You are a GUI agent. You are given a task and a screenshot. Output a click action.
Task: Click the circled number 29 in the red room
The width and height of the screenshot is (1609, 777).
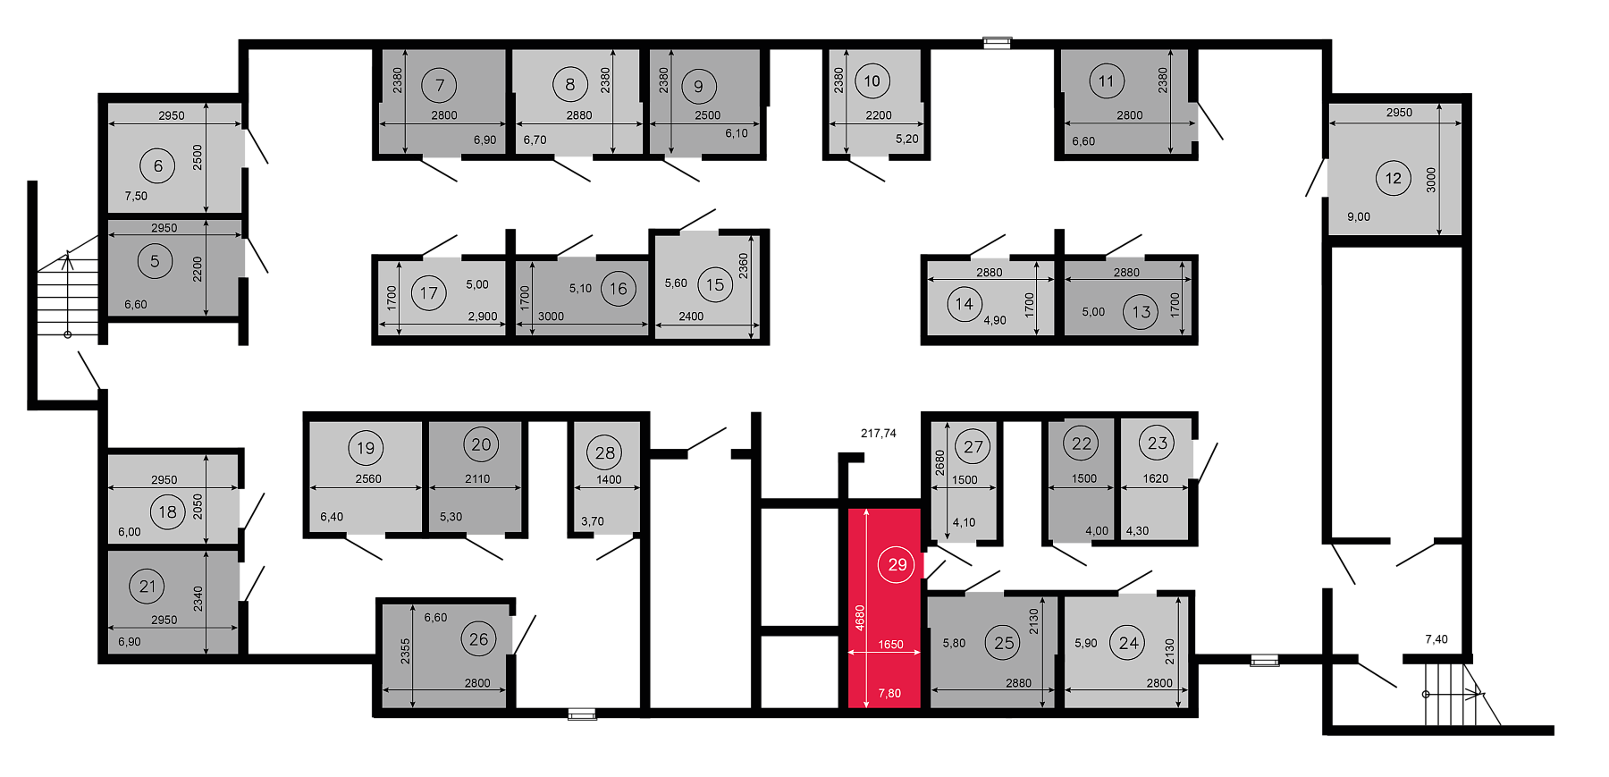[897, 564]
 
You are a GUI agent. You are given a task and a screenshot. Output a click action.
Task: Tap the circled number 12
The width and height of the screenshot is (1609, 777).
[1393, 178]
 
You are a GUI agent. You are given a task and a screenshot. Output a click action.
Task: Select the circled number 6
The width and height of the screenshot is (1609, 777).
[157, 165]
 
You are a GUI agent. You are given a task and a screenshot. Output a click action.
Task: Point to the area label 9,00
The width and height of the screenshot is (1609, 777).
[1359, 216]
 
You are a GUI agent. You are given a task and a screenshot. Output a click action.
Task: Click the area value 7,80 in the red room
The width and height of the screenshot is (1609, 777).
[889, 693]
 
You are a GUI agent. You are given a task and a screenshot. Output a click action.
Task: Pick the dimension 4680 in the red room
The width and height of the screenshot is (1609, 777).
[860, 618]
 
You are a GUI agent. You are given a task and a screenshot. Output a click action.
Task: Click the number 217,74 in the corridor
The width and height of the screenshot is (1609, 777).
[879, 433]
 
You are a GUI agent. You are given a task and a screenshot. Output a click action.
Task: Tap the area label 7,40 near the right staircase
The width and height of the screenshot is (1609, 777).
[1436, 639]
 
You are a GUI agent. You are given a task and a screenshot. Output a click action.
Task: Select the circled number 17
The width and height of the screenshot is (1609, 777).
[429, 292]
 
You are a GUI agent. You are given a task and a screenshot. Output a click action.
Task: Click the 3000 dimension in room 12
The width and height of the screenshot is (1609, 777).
[1431, 180]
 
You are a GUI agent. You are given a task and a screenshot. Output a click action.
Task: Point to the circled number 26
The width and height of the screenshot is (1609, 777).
[479, 638]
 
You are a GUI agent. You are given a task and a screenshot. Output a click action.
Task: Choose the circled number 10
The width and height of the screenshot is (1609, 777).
[872, 81]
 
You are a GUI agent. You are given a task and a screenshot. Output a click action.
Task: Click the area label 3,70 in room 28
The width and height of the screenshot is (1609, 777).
[593, 521]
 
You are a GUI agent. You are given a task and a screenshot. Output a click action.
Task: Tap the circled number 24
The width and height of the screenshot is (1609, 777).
[1128, 643]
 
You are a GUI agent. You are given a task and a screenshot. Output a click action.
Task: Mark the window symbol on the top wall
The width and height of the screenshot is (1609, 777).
[997, 42]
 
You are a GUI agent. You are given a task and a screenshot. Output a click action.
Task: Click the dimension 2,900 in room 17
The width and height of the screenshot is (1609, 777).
[483, 317]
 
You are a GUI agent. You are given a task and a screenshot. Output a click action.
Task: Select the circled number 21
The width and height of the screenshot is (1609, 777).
[147, 586]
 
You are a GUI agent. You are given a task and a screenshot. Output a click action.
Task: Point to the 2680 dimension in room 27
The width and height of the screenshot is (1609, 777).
[939, 462]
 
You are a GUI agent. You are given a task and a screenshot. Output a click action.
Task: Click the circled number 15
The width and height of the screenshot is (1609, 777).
[715, 284]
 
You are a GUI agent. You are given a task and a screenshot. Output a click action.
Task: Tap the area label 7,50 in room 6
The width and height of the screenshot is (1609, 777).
[136, 196]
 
